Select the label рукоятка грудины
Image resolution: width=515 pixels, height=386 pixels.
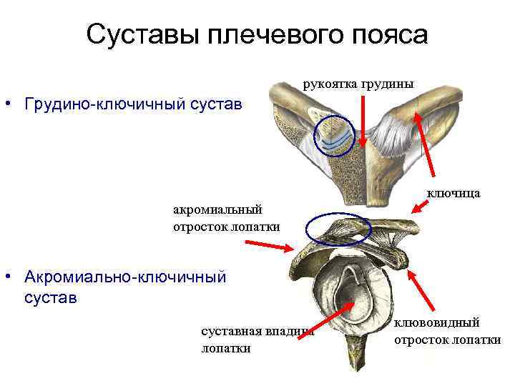tap(358, 84)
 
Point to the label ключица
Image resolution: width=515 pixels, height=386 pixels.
tap(453, 192)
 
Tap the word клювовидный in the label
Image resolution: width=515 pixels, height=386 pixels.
tap(436, 323)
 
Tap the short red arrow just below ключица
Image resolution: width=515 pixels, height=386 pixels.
tap(423, 207)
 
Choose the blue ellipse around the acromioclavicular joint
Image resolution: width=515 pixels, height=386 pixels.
tap(338, 229)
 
